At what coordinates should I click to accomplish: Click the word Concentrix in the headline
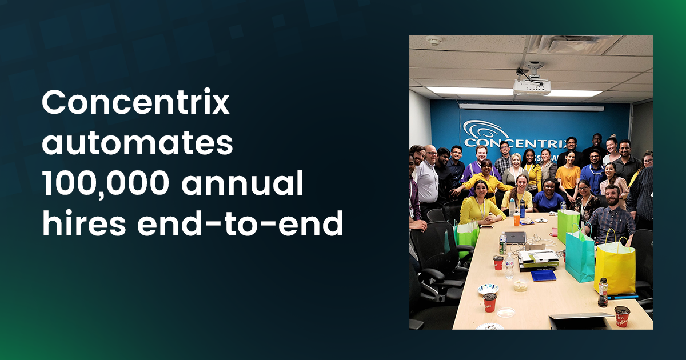click(135, 103)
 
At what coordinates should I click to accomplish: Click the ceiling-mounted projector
click(532, 86)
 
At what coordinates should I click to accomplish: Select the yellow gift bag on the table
click(614, 267)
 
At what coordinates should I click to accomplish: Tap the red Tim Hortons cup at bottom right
click(621, 316)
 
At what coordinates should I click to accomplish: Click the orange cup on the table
click(517, 218)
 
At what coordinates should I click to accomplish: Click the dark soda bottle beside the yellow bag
click(603, 292)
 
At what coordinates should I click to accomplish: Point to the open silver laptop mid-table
click(515, 237)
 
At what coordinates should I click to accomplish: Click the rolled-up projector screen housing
click(532, 107)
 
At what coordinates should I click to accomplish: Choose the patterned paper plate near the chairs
click(488, 289)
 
